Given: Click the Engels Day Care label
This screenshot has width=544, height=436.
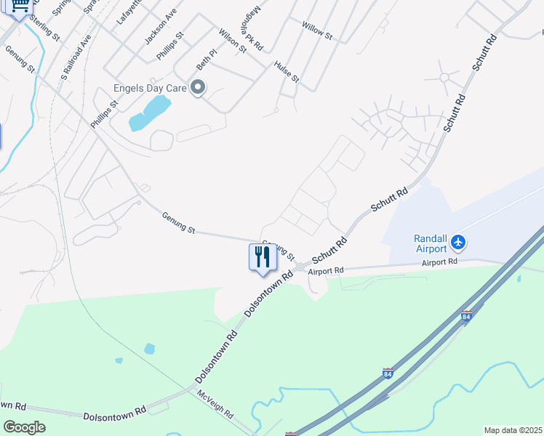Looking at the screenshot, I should [x=150, y=89].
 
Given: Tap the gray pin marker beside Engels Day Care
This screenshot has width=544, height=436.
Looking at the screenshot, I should [x=198, y=88].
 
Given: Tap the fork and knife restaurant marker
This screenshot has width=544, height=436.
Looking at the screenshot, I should [x=263, y=257].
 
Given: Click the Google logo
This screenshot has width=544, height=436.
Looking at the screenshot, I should [x=24, y=427].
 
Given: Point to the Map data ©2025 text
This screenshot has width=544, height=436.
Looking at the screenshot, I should [x=513, y=430].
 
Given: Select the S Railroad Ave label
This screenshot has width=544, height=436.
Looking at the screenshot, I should [x=76, y=57].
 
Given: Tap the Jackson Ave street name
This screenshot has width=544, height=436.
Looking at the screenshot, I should [x=160, y=28].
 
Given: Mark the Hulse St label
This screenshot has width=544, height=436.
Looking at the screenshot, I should [x=287, y=71].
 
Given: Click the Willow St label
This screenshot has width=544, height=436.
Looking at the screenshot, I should [x=317, y=30].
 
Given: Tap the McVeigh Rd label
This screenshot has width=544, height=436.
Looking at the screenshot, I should [x=215, y=404].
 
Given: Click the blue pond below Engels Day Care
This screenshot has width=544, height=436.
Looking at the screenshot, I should [x=150, y=113].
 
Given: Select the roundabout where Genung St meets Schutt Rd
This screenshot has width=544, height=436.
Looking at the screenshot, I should [x=299, y=267].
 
